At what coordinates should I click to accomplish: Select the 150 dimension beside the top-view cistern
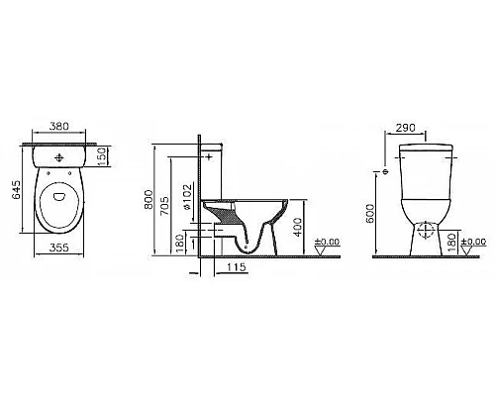pyautogui.click(x=103, y=156)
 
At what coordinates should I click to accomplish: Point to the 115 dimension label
pyautogui.click(x=235, y=269)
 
